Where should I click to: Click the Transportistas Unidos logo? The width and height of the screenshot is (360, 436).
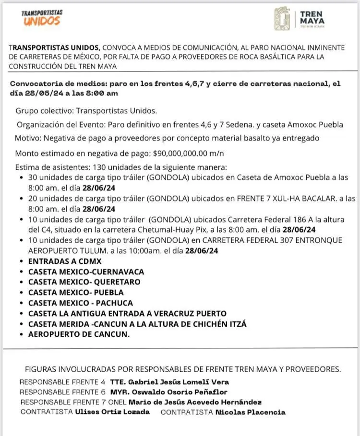[x=42, y=18]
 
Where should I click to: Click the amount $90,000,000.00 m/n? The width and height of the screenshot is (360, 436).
[x=188, y=153]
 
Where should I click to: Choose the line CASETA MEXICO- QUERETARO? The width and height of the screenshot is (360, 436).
[x=84, y=282]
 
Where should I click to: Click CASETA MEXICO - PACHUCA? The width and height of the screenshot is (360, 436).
[x=81, y=303]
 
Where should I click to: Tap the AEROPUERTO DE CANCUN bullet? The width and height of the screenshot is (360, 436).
[x=79, y=334]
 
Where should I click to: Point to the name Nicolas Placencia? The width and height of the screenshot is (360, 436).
[x=250, y=412]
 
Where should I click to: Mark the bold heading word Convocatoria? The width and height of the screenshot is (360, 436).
[x=35, y=83]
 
